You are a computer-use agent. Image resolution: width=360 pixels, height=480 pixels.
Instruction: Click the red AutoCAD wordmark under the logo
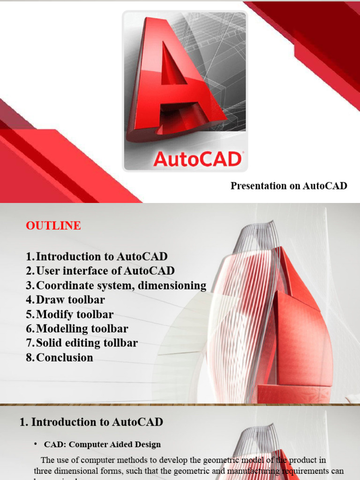(197, 159)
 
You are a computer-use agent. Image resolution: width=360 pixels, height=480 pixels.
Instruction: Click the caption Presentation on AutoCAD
(289, 186)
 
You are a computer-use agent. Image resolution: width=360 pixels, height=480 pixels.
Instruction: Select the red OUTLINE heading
(53, 225)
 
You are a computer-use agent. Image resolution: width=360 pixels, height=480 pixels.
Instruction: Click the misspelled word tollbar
(121, 343)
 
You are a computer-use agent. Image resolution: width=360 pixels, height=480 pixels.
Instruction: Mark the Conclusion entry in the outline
(65, 357)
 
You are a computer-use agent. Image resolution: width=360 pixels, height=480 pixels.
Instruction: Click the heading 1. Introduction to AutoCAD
(91, 422)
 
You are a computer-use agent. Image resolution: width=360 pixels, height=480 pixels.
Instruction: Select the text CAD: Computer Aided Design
(102, 444)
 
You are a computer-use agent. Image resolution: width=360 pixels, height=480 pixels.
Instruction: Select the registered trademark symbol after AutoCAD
(242, 153)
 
